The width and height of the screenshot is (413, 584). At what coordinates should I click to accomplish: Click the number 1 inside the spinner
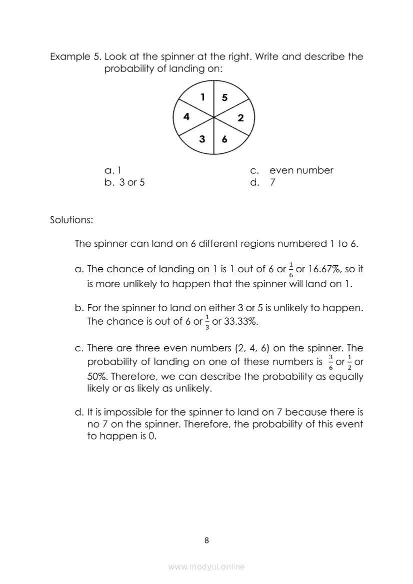click(x=202, y=97)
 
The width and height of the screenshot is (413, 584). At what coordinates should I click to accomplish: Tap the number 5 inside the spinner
click(x=224, y=98)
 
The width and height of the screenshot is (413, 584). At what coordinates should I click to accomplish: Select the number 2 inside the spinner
click(x=240, y=118)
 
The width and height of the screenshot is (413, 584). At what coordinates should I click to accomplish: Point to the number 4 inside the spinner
click(x=186, y=117)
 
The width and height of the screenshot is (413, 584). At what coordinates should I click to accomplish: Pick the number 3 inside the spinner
click(x=202, y=139)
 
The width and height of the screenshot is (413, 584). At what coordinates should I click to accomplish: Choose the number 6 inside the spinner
click(x=224, y=140)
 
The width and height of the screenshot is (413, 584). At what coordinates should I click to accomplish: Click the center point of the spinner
click(x=214, y=117)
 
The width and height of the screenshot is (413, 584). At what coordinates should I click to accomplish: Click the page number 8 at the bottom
click(x=206, y=540)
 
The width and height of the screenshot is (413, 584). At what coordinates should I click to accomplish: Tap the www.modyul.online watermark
click(x=206, y=567)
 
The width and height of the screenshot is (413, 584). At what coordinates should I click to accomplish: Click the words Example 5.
click(x=75, y=56)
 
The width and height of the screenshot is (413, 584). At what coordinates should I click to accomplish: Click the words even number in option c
click(x=301, y=170)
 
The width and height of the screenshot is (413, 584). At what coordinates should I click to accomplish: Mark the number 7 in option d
click(x=272, y=182)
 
